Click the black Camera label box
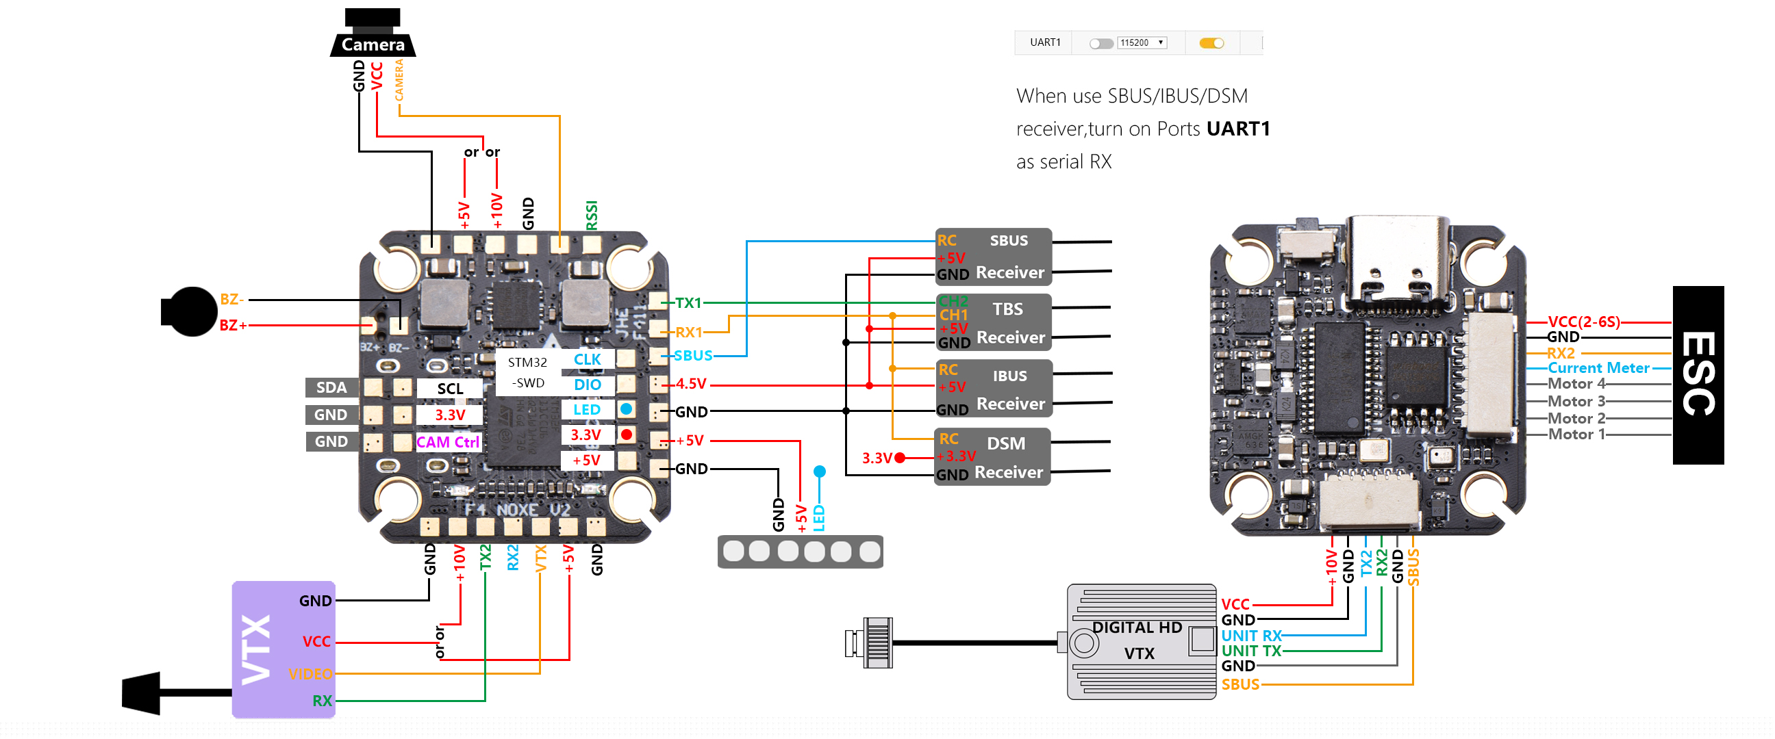point(373,44)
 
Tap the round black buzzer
point(190,312)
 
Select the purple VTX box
point(284,649)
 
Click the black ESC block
point(1698,375)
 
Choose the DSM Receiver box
point(992,457)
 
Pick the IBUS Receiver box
point(993,389)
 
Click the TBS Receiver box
point(993,322)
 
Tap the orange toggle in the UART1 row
point(1211,43)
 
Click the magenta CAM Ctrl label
point(448,442)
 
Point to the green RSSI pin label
point(591,215)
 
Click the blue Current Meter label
point(1598,367)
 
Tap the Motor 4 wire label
point(1576,384)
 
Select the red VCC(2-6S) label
point(1583,322)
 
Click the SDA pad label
point(331,388)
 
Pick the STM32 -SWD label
point(527,373)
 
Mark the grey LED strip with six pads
point(800,552)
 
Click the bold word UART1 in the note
point(1237,129)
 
